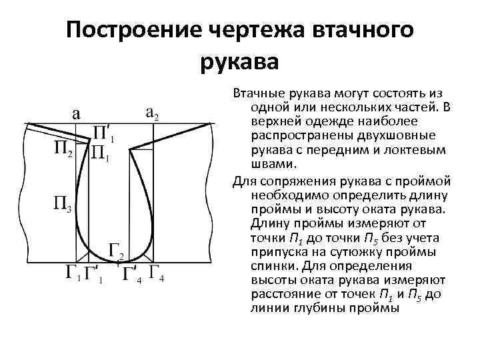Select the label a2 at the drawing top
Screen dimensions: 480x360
tap(152, 113)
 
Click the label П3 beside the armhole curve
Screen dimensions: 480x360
tap(63, 203)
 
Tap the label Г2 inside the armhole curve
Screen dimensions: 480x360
tap(117, 253)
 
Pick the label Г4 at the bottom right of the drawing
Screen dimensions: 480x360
tap(157, 273)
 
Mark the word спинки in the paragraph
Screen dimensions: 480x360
tap(273, 265)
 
